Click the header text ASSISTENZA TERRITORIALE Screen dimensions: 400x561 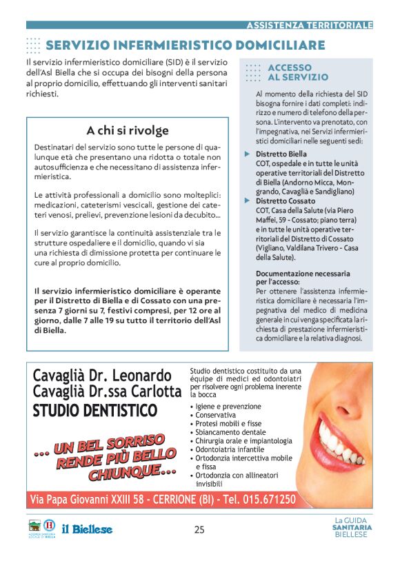309,25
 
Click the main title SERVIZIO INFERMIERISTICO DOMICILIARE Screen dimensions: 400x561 185,45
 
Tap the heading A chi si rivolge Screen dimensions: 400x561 128,130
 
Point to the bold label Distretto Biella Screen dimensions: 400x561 281,154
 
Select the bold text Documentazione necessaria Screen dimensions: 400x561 303,274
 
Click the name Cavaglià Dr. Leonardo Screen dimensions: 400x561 102,376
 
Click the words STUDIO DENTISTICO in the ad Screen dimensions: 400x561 95,411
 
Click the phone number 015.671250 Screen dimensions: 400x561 266,499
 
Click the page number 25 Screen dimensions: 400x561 199,529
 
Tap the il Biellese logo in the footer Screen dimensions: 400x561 87,529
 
